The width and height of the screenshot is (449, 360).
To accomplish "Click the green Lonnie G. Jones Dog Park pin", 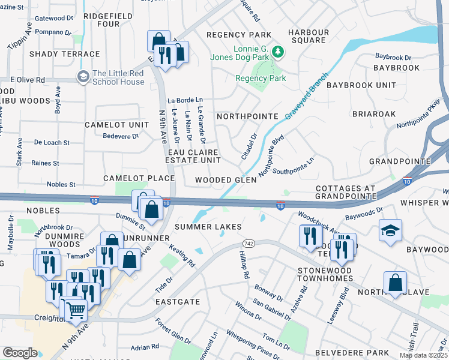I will point(277,52).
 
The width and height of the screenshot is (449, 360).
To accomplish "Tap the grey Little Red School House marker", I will point(82,76).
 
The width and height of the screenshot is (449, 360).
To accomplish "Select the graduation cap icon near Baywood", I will point(390,230).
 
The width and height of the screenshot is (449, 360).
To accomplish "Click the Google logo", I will point(20,353).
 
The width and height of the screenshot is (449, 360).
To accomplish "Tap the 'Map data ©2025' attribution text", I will point(423,355).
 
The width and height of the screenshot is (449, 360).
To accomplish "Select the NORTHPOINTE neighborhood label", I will point(247,116).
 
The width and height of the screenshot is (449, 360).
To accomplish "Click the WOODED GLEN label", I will point(225,181).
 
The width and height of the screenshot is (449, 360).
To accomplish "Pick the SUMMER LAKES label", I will point(208,227).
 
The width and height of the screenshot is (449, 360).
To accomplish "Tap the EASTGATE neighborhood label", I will point(177,302).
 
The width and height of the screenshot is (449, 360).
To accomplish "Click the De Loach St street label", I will point(52,143).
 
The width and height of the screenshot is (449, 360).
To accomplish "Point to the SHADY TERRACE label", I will point(64,54).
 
